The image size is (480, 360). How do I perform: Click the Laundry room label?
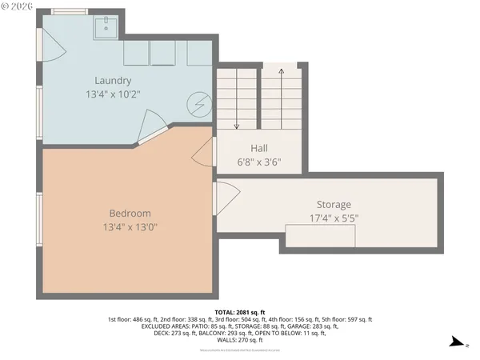(113, 80)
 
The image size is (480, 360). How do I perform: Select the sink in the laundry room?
(106, 29)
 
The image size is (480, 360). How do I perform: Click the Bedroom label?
(129, 214)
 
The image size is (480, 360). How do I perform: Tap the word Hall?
(259, 148)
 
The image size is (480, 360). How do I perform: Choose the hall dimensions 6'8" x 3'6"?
(259, 162)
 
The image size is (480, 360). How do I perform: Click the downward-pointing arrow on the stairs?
(238, 100)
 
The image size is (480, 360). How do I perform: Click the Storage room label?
(333, 205)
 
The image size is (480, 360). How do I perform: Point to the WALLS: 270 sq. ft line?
(239, 340)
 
